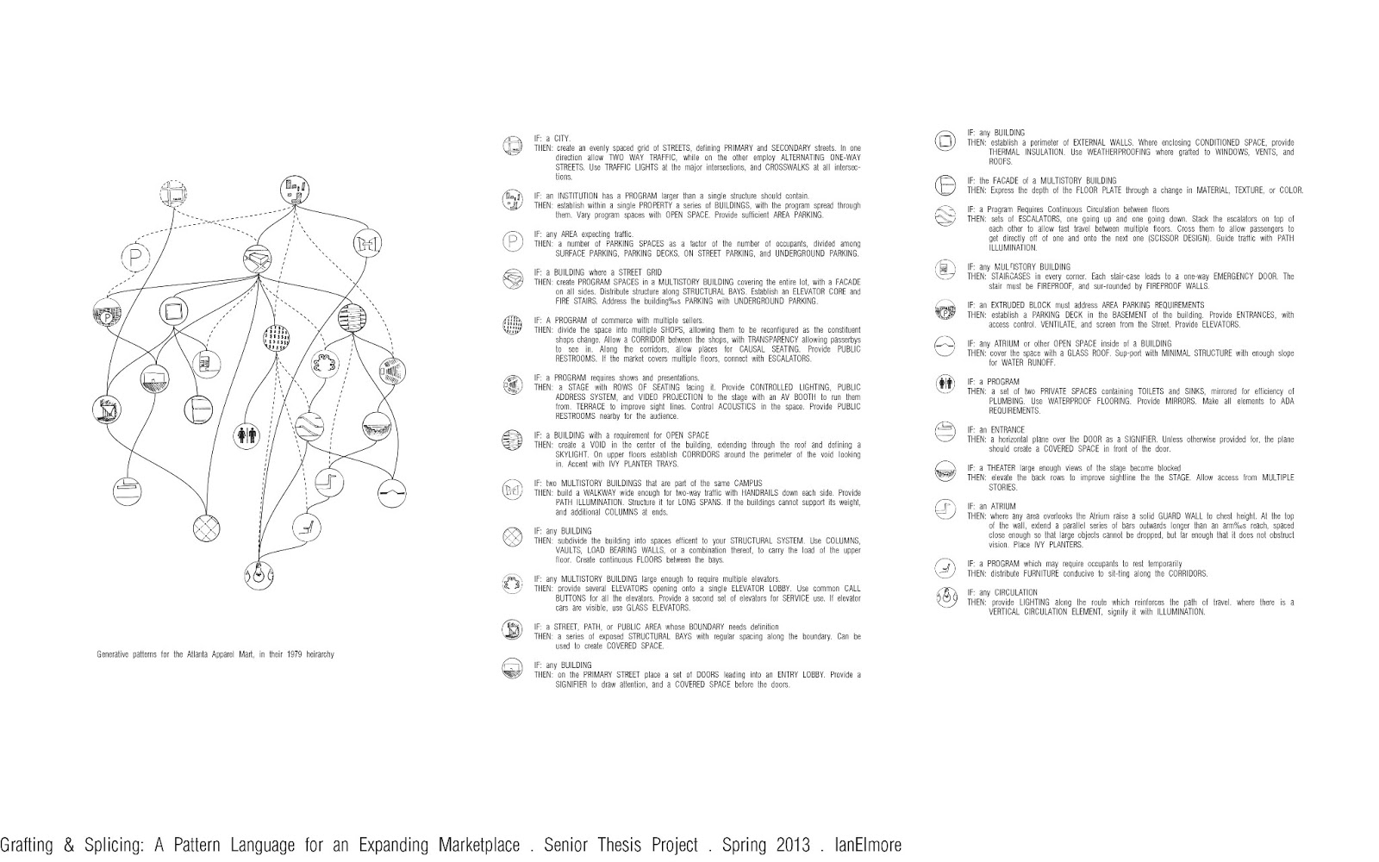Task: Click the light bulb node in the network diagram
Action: [258, 572]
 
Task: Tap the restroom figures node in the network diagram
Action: [246, 435]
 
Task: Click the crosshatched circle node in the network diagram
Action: [207, 527]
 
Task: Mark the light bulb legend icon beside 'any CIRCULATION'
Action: [945, 597]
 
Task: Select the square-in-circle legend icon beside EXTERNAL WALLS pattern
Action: [945, 141]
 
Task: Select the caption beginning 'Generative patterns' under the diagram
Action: [215, 654]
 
